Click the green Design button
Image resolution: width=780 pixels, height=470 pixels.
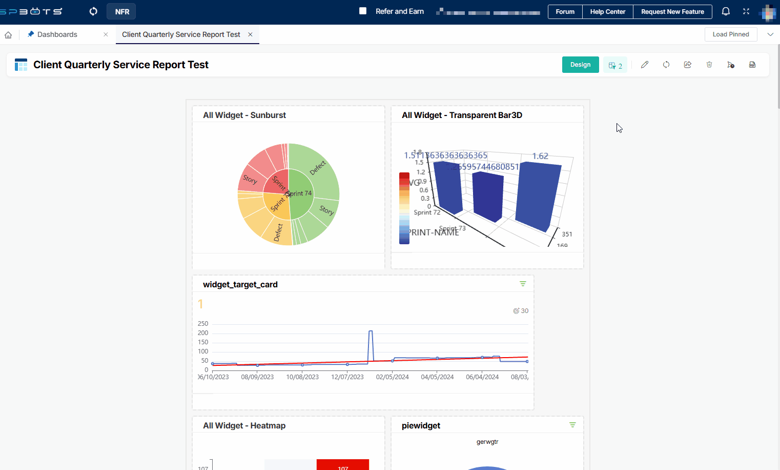pos(580,65)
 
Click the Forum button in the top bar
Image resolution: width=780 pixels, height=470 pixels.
pos(565,12)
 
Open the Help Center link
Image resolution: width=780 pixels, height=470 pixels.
pos(607,12)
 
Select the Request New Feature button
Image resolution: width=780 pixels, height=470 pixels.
pos(672,12)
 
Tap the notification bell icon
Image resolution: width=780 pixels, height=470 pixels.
pos(726,11)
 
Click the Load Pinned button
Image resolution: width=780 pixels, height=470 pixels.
pos(730,34)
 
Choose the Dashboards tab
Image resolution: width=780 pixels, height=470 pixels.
pos(57,34)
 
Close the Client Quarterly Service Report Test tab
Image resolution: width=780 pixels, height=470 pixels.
pos(250,34)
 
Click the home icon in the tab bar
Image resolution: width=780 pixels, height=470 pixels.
pos(8,35)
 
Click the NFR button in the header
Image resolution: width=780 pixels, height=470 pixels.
pos(122,11)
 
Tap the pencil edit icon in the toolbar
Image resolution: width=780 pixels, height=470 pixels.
pos(645,65)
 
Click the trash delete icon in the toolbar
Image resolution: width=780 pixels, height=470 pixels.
pos(709,65)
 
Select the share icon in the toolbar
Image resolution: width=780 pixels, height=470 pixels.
pos(688,65)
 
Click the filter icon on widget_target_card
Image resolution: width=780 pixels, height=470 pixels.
pos(523,284)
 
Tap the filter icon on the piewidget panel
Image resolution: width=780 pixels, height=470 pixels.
pos(572,425)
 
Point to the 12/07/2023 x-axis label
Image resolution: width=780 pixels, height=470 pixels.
pos(347,377)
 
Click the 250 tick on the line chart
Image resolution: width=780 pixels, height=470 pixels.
pos(203,324)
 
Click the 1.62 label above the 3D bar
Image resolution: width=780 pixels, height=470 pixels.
pos(540,156)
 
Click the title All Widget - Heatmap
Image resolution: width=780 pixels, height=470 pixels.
pos(244,425)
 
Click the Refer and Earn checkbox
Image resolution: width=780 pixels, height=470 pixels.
pos(363,11)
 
